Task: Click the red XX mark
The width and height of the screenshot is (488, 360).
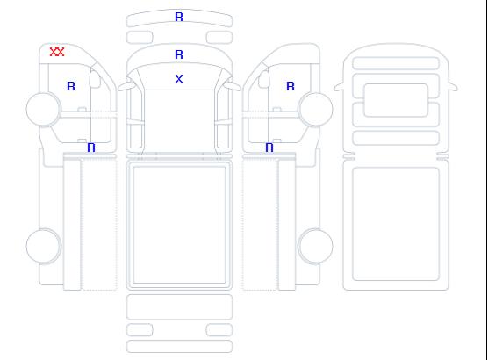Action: click(57, 52)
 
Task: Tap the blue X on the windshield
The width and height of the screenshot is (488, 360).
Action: click(179, 79)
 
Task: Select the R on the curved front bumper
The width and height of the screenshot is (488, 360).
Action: click(179, 17)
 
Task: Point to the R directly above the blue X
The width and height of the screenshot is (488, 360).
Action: click(179, 54)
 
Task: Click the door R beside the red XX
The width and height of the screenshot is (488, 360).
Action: click(71, 86)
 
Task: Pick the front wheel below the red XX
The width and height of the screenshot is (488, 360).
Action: click(44, 110)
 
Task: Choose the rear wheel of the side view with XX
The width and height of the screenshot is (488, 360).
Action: click(44, 246)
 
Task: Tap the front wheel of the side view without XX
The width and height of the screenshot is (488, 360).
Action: click(315, 110)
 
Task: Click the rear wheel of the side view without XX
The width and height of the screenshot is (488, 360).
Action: click(315, 246)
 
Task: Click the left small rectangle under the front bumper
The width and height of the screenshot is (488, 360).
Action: click(140, 38)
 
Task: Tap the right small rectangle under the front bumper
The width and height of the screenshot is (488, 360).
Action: click(219, 38)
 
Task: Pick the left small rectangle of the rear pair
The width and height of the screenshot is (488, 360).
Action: click(140, 330)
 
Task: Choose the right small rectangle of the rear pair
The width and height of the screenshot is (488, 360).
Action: click(219, 330)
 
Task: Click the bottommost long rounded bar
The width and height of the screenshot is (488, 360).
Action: click(179, 347)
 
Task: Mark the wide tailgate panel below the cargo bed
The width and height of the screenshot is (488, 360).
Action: click(179, 307)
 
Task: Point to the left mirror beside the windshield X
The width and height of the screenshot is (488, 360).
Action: click(126, 85)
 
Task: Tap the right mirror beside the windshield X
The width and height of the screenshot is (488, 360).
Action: click(233, 85)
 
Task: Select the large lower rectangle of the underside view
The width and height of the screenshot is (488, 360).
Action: click(396, 224)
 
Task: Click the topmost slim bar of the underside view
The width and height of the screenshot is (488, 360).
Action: click(396, 63)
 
